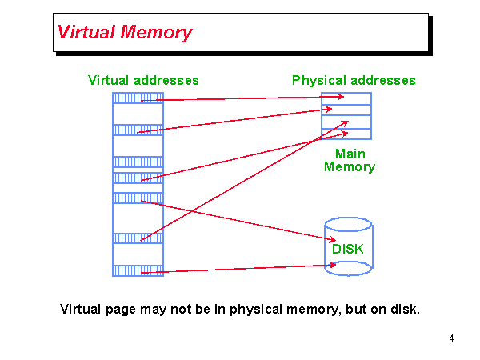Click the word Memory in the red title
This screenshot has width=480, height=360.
click(156, 33)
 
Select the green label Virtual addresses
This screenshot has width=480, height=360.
click(143, 80)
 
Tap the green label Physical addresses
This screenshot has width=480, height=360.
click(354, 80)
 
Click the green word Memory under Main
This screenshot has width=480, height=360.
click(350, 167)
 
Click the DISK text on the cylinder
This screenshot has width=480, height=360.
click(348, 249)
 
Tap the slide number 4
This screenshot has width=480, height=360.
click(451, 338)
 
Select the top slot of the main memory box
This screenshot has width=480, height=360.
click(346, 98)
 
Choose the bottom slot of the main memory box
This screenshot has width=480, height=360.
click(346, 134)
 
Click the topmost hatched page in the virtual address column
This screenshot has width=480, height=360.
click(138, 98)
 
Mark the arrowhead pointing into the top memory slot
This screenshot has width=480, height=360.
click(341, 97)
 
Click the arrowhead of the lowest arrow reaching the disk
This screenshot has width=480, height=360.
click(332, 265)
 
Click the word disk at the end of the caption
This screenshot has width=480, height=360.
click(405, 309)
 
